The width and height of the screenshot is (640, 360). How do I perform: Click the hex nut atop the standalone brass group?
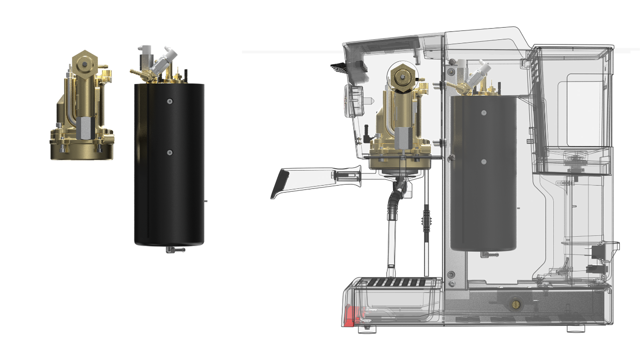[x=85, y=62]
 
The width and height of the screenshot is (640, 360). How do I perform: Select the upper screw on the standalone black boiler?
[x=169, y=101]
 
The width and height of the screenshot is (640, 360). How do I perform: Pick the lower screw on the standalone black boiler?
[x=169, y=152]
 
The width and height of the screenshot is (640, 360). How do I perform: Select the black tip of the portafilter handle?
[x=280, y=184]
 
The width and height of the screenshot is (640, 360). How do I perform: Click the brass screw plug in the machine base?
[x=516, y=304]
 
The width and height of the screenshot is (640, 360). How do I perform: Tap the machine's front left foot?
[x=367, y=329]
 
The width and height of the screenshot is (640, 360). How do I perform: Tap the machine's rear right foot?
[x=575, y=329]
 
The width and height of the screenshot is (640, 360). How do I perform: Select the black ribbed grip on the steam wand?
[x=426, y=219]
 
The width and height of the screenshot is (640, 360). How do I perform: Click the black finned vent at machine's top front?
[x=340, y=67]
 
